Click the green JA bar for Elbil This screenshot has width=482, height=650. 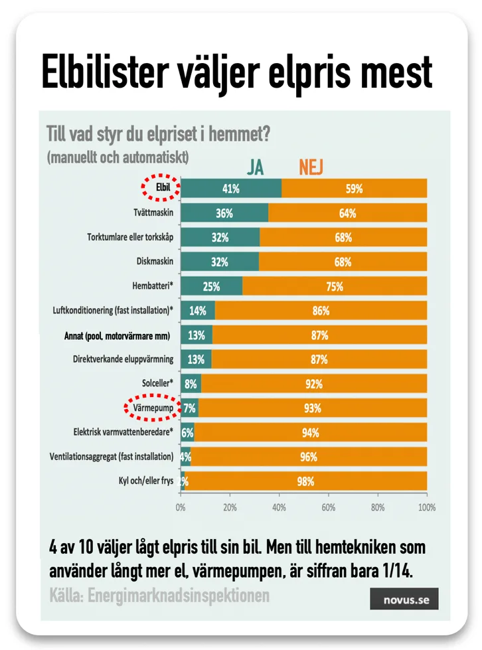[230, 189]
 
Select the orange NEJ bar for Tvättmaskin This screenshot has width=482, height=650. [347, 213]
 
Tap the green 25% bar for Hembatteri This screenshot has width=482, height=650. [211, 287]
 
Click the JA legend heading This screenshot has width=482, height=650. [255, 167]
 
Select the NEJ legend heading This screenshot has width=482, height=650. [311, 167]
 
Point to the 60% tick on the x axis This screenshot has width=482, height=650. [328, 507]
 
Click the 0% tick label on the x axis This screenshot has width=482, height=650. [181, 507]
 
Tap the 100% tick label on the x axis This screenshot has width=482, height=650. [426, 507]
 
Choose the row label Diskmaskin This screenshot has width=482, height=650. [154, 262]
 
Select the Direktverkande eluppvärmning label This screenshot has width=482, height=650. [123, 359]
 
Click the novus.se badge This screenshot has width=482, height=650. [404, 600]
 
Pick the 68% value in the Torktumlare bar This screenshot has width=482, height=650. [343, 238]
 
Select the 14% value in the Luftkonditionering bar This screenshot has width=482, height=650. [197, 311]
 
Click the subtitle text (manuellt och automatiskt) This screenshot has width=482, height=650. [118, 158]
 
